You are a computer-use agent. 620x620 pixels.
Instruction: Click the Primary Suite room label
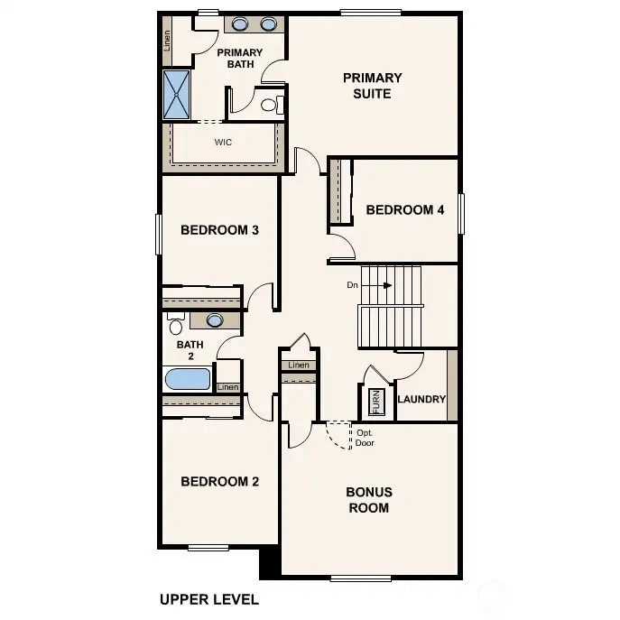[x=372, y=85]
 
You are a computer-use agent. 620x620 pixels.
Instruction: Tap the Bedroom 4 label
[x=405, y=210]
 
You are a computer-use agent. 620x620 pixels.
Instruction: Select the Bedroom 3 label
[x=220, y=230]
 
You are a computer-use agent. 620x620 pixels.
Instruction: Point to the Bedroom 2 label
[x=220, y=481]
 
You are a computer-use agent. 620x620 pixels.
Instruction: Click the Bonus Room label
[x=369, y=500]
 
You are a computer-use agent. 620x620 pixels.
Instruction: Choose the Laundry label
[x=421, y=399]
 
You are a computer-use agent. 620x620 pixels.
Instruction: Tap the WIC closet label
[x=223, y=143]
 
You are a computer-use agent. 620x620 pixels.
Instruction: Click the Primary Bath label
[x=239, y=59]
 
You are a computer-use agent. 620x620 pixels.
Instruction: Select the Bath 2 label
[x=190, y=350]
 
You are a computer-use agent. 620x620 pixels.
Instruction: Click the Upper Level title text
[x=209, y=598]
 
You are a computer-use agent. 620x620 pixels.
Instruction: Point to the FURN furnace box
[x=376, y=401]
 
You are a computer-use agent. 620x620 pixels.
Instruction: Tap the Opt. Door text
[x=365, y=438]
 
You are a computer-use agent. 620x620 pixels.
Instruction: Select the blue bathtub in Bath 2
[x=188, y=378]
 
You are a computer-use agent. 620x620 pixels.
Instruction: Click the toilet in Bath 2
[x=175, y=322]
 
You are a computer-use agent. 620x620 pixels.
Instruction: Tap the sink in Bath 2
[x=215, y=319]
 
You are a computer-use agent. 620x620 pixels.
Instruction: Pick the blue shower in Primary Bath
[x=176, y=95]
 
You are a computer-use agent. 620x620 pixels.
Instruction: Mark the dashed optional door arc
[x=338, y=436]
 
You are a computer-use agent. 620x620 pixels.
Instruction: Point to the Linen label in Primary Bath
[x=168, y=40]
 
